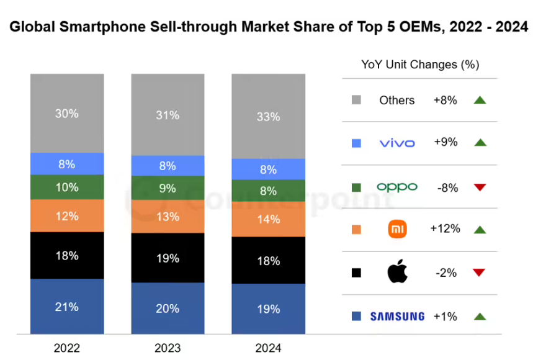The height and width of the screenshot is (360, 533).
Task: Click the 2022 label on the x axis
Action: point(67,347)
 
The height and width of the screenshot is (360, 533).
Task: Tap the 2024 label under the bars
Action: point(268,347)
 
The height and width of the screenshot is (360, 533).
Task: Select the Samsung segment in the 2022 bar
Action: point(67,306)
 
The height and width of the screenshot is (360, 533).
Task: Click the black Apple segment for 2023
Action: point(168,258)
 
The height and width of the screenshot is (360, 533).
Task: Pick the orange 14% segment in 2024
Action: point(268,218)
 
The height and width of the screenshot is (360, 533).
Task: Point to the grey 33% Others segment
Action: point(268,116)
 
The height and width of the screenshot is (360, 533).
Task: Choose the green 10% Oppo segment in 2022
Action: point(67,187)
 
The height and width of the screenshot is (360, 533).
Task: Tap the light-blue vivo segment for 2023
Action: point(168,166)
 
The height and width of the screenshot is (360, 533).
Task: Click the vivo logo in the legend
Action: point(396,143)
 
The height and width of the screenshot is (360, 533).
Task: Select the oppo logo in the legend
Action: point(396,187)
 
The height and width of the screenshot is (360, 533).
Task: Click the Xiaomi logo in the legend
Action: point(396,230)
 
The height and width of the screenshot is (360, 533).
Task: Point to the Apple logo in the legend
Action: point(396,272)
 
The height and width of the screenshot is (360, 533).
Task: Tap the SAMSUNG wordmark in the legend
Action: point(397,317)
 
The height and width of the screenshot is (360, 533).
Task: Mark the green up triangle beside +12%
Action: point(479,230)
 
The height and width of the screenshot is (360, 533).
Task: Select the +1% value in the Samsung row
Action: point(445,317)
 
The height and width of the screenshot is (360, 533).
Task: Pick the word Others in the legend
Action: point(396,100)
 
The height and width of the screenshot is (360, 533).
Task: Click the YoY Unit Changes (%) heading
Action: point(420,65)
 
